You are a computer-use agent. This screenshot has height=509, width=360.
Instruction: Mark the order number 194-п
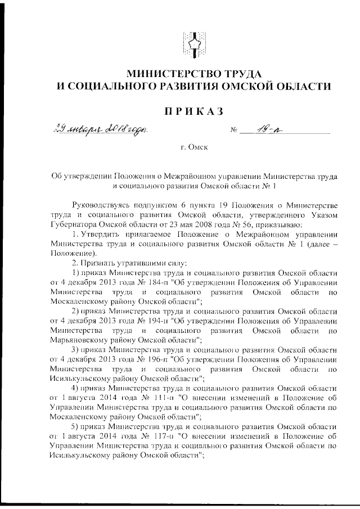click(x=150, y=321)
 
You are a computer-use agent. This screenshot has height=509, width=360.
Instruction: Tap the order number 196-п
click(x=150, y=359)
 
